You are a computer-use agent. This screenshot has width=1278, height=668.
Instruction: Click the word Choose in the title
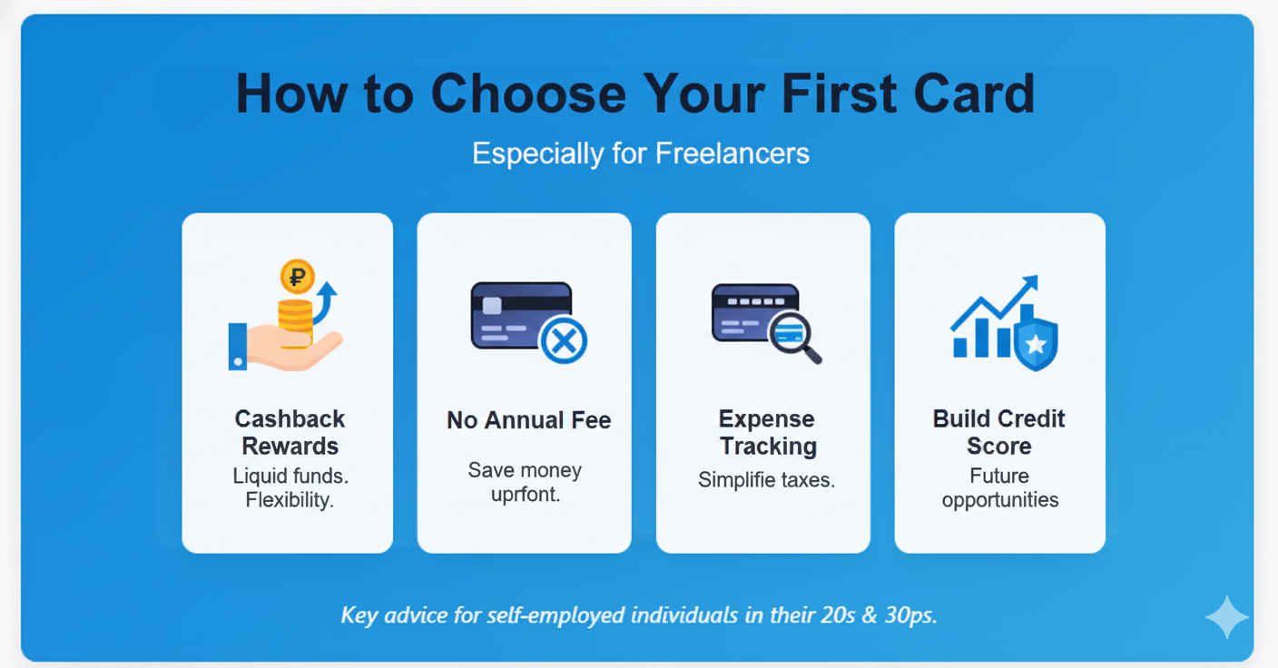pos(527,93)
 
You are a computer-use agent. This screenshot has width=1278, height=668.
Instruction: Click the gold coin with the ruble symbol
pos(296,276)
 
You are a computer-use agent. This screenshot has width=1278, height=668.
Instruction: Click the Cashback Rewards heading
pos(290,432)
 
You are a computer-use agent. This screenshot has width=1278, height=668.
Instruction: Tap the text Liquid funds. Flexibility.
pos(290,487)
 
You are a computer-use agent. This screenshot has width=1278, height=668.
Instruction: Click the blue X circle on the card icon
pos(563,341)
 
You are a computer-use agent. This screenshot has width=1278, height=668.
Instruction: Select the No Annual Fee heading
pos(528,420)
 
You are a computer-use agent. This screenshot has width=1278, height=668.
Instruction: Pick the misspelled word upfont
pos(525,496)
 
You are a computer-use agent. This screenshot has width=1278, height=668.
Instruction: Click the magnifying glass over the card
pos(794,335)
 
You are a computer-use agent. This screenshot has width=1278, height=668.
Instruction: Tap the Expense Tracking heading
pos(767,432)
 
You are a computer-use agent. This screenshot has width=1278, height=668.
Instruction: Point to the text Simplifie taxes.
pos(766,480)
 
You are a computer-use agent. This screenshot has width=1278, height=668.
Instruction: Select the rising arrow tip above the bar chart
pos(1029,283)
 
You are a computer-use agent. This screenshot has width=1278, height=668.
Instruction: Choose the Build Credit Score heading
pos(998,432)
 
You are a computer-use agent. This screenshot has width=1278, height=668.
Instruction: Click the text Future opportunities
pos(999,487)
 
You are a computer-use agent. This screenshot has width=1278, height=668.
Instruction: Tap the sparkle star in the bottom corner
pos(1226,617)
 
